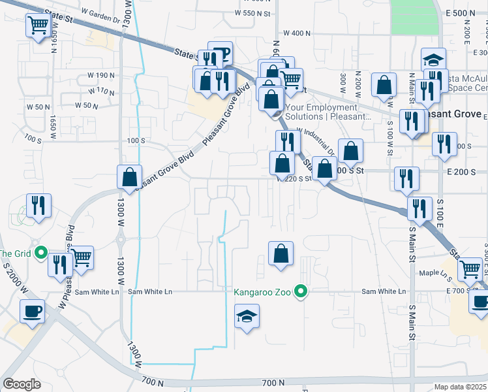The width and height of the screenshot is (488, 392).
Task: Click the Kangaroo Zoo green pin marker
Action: coord(301,291)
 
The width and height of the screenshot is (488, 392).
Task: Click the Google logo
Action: coord(22,384)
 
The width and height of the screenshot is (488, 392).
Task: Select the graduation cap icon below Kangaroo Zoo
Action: coord(245,318)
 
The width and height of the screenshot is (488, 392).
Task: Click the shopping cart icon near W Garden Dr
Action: coord(38,26)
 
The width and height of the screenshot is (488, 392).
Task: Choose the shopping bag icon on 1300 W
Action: coord(129,176)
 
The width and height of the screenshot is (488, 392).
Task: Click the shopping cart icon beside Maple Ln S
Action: coord(470,269)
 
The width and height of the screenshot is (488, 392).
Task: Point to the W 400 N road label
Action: coord(297,33)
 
